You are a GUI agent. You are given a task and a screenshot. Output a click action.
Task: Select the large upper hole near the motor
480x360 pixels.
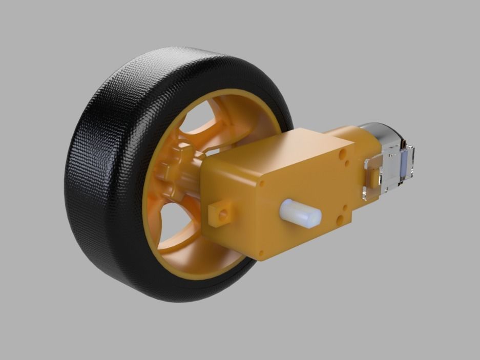click(342, 153)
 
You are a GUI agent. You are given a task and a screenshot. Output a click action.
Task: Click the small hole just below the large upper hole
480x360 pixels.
click(348, 164)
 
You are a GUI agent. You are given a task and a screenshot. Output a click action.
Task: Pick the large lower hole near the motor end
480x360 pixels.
click(340, 220)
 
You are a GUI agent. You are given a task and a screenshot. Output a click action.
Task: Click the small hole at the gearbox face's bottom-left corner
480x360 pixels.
click(262, 252)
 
